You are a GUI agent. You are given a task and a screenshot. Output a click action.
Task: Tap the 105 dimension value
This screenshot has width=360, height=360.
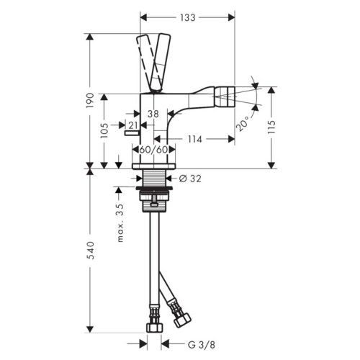click(104, 130)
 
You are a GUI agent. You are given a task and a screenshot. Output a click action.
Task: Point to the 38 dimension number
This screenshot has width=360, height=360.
click(153, 114)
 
